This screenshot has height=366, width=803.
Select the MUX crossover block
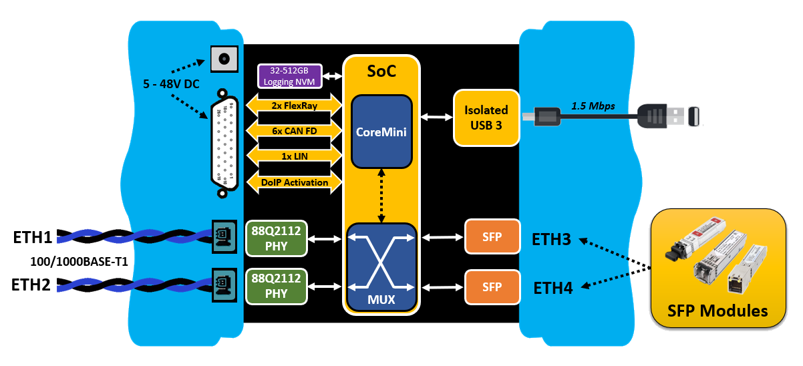381,267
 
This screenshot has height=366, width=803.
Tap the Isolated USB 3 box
486,117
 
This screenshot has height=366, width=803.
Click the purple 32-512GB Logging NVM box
289,76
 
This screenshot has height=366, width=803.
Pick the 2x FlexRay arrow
295,105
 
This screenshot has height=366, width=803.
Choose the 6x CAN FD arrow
295,131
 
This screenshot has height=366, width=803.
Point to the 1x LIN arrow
295,156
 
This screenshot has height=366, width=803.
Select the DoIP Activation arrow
295,182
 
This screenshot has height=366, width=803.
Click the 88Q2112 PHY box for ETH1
277,238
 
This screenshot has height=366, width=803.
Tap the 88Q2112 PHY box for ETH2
277,287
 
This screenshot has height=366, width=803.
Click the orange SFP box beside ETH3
492,236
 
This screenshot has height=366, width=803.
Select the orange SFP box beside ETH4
492,287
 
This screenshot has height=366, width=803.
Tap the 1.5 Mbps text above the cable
593,106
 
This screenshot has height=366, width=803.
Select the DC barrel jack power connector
224,59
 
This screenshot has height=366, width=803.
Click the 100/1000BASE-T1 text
79,261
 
